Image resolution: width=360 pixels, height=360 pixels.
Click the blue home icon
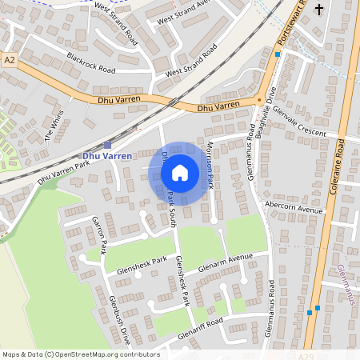[180, 173]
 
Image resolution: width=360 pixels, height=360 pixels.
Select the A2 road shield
[10, 60]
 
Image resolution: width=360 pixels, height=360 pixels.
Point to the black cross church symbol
[320, 10]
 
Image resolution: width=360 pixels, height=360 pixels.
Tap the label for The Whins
[54, 127]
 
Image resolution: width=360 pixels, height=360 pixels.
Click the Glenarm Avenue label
[225, 262]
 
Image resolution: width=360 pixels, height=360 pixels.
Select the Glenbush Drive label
[117, 320]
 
